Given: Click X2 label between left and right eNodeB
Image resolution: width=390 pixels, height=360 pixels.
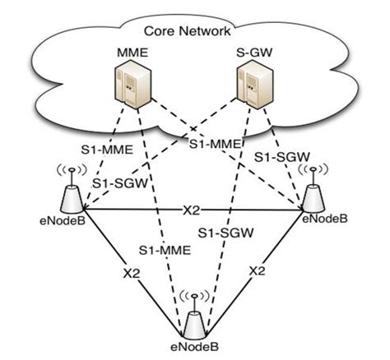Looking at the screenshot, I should [191, 209].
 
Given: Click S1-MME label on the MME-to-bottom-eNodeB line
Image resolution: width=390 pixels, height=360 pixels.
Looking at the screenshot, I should [160, 248].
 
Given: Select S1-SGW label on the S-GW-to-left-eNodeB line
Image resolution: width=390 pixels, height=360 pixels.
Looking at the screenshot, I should [118, 183].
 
